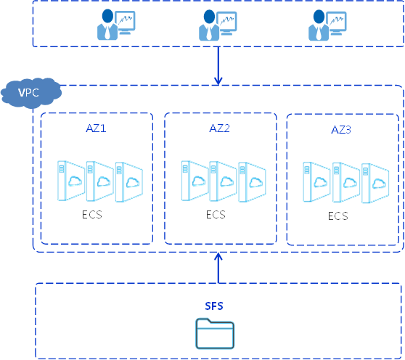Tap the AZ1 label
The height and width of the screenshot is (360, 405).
96,128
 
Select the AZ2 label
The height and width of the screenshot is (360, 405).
219,128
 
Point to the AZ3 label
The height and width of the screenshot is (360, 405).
341,130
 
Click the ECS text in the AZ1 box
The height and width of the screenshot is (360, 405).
92,215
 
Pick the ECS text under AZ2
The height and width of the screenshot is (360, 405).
216,215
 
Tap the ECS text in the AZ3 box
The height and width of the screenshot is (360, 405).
337,216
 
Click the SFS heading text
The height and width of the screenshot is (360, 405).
214,306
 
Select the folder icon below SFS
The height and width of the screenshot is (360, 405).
215,333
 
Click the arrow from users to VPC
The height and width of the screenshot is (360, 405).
218,66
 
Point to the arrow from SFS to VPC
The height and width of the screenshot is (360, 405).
218,268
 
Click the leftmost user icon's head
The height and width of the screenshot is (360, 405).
107,16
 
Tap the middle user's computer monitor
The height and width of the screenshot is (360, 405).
226,23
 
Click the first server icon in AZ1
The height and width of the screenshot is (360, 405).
71,181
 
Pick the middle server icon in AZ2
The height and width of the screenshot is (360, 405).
223,181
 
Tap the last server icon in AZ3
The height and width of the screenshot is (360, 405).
375,183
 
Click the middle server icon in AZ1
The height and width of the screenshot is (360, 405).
100,181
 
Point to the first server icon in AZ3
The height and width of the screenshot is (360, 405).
316,181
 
